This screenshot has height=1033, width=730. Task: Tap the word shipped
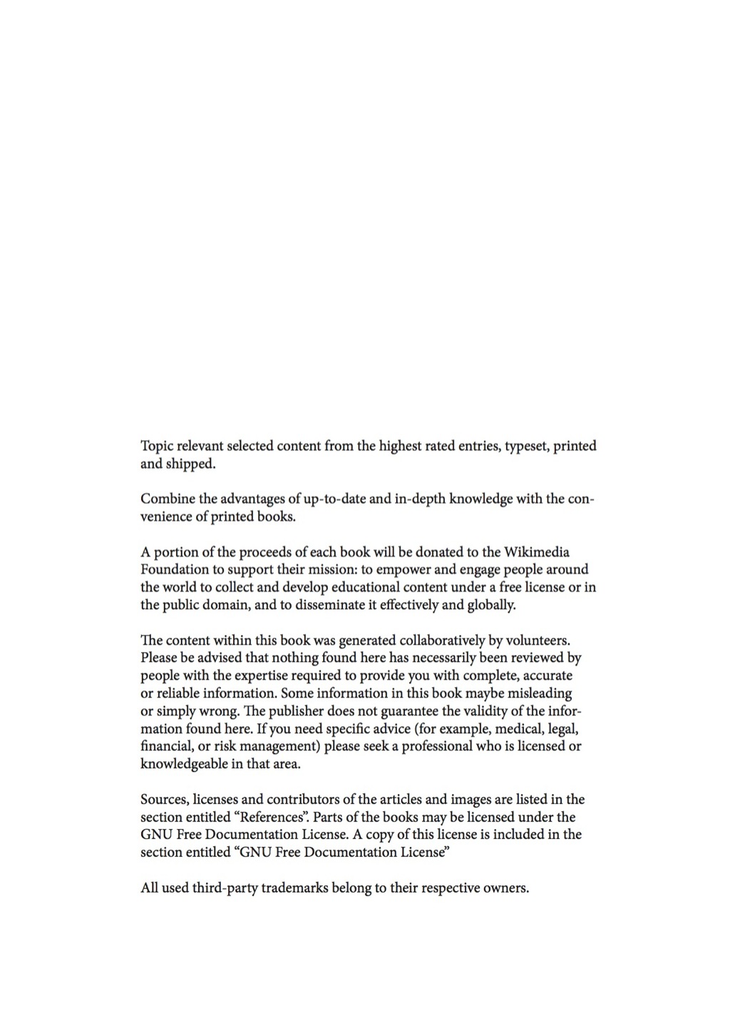(x=190, y=464)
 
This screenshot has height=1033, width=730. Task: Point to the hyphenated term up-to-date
(x=334, y=499)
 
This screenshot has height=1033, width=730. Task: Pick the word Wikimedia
(x=536, y=552)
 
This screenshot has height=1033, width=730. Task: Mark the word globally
(x=490, y=605)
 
